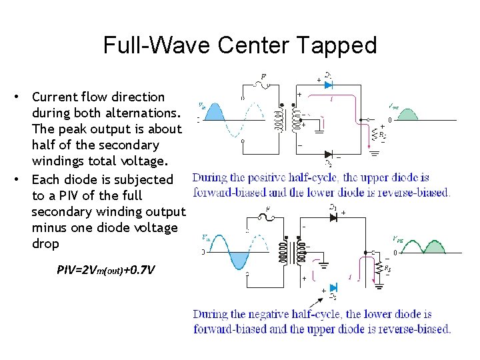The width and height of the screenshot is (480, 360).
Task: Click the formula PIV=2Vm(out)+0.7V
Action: (106, 270)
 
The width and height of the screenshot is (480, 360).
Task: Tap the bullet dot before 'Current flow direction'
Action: (23, 97)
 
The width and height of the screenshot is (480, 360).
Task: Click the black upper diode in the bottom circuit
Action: (333, 217)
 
